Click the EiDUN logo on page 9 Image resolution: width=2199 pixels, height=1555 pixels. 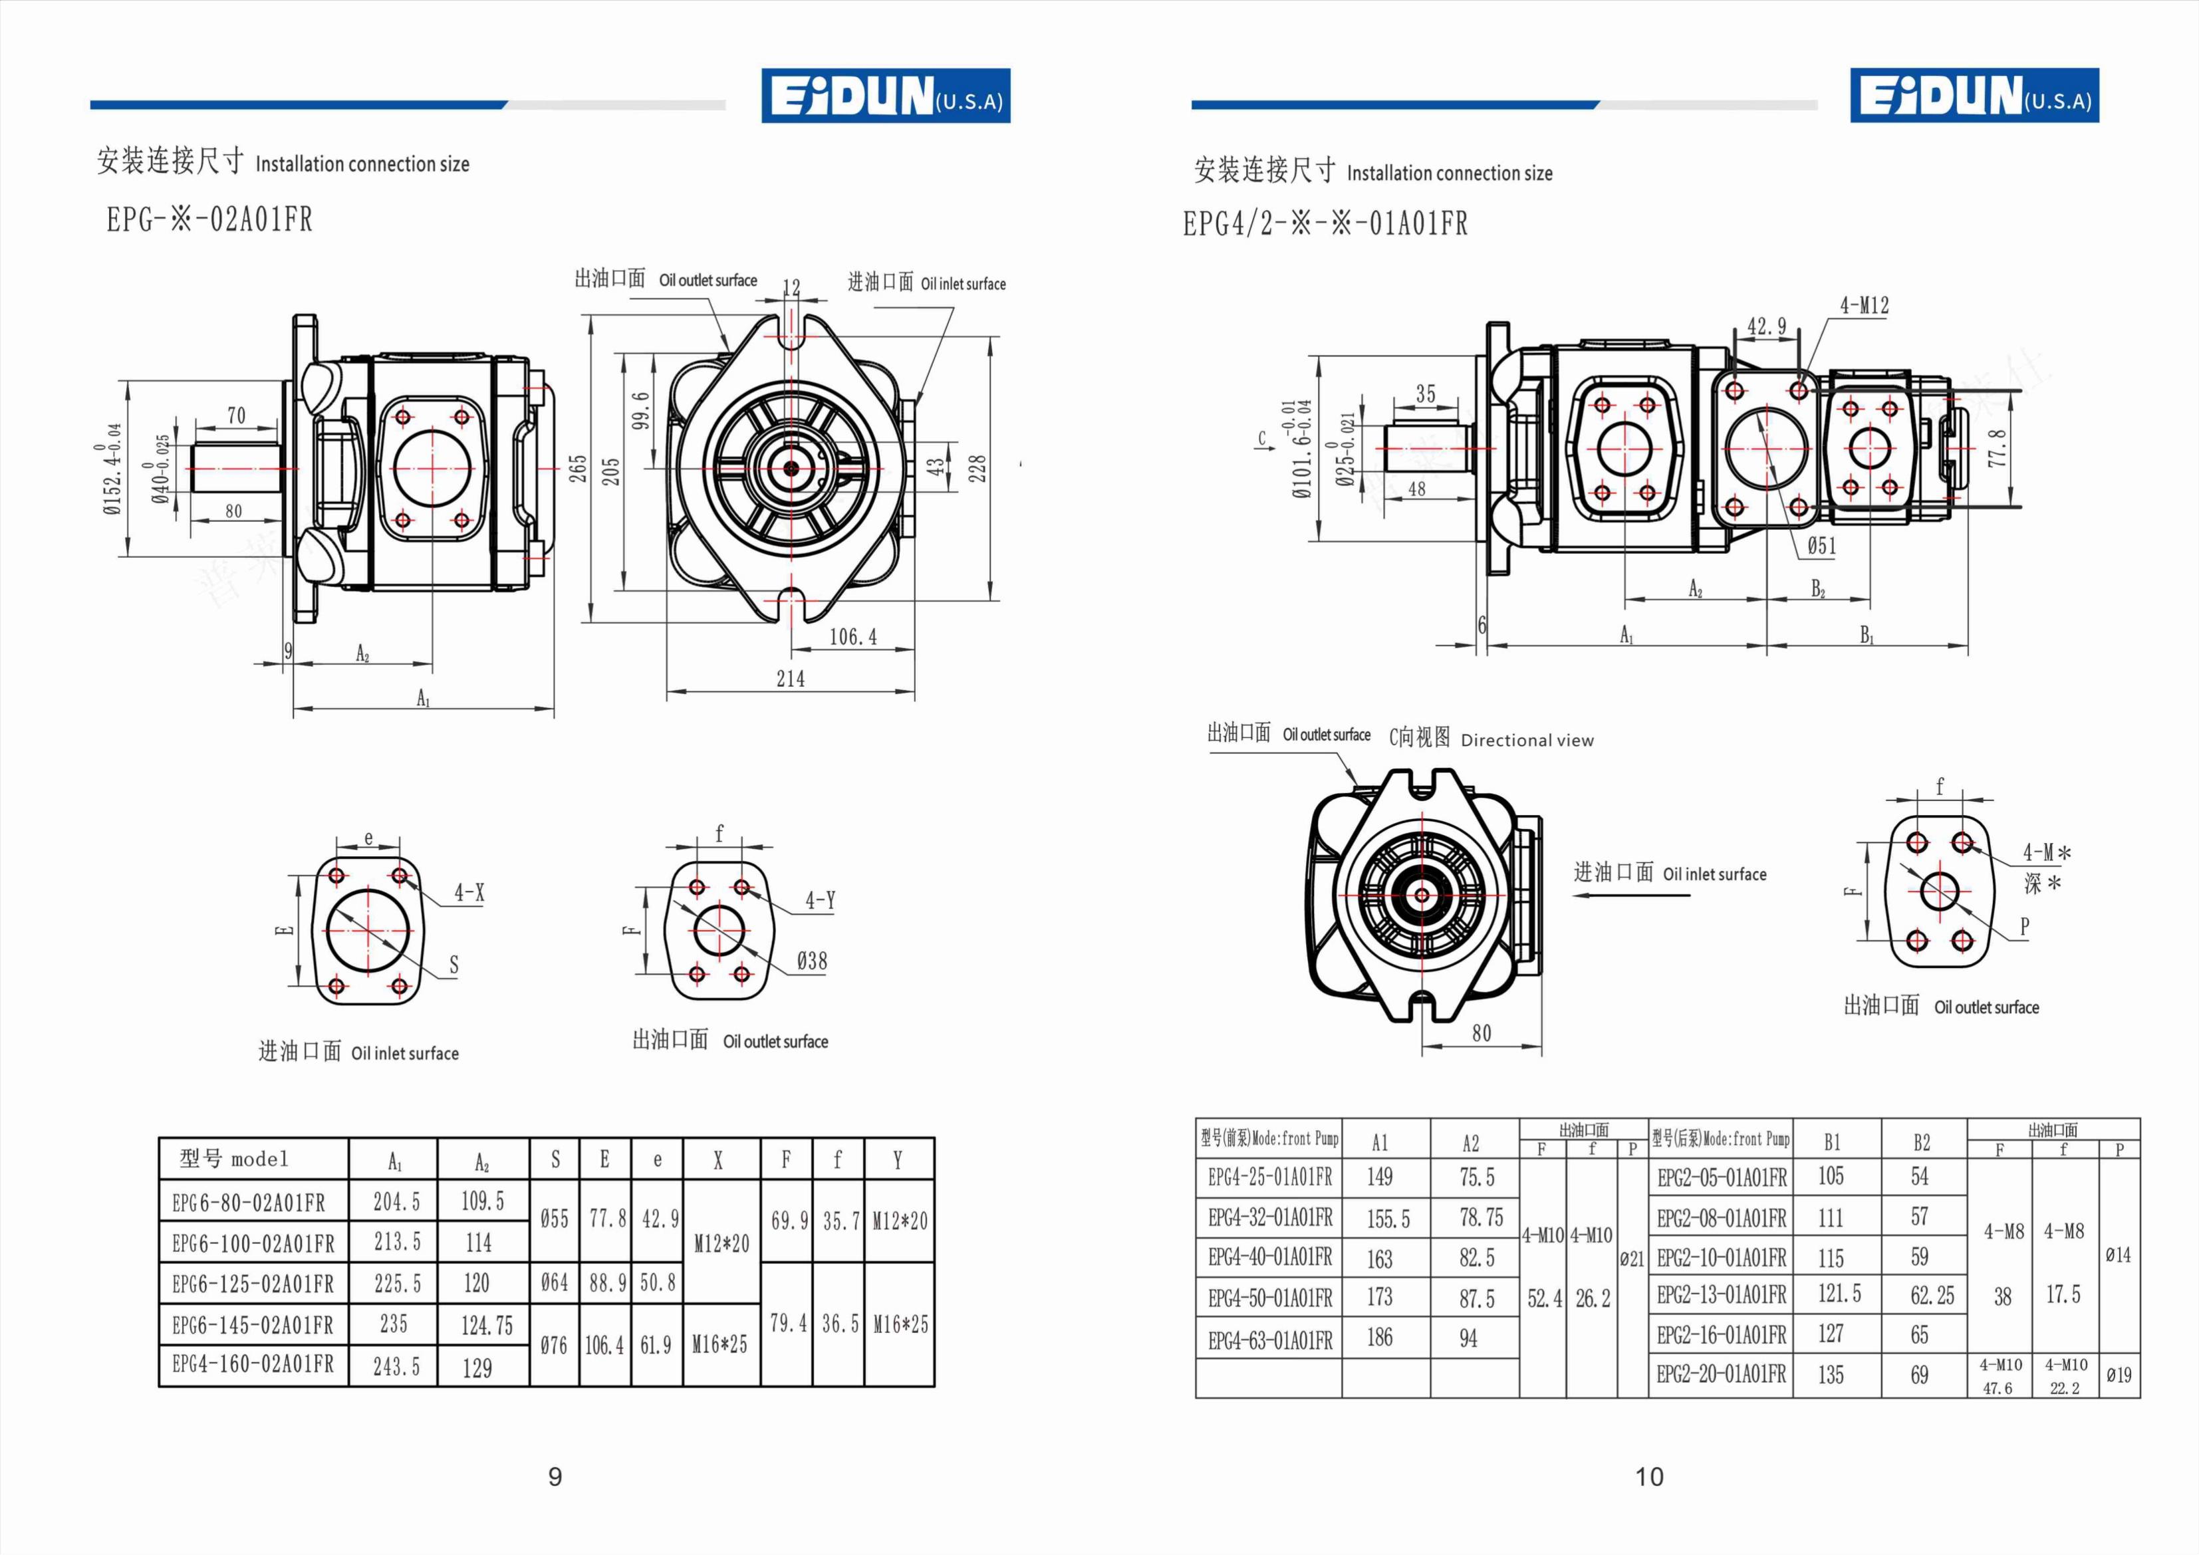tap(886, 95)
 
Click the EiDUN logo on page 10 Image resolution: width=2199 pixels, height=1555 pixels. tap(1974, 95)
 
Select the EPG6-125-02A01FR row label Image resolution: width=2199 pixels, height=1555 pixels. tap(253, 1284)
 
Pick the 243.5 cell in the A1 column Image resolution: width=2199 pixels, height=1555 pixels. tap(396, 1366)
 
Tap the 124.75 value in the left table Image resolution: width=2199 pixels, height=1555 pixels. tap(487, 1325)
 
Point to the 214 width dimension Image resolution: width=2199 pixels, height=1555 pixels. tap(790, 679)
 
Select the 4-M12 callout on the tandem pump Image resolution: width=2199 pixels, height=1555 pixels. tap(1864, 305)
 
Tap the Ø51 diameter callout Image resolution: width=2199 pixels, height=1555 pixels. tap(1822, 546)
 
